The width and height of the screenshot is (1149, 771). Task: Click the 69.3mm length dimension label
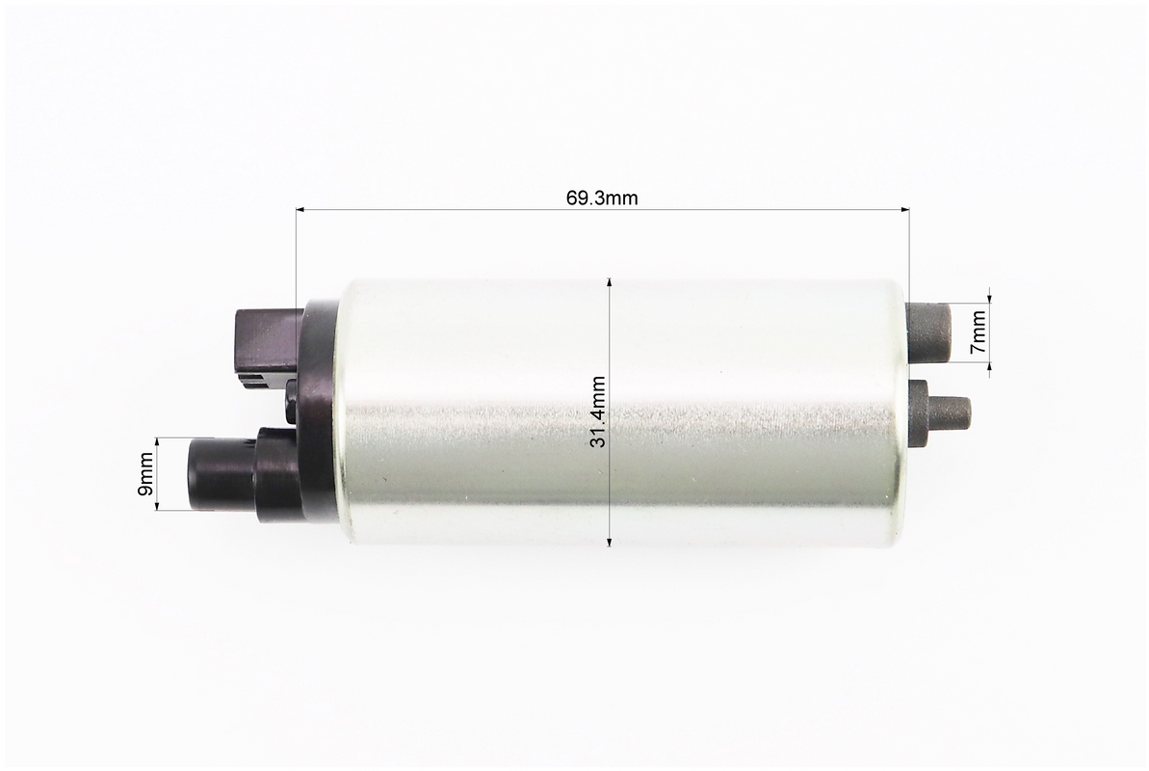point(602,199)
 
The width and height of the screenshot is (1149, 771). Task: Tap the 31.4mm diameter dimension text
point(599,412)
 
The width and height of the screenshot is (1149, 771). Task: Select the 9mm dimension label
point(145,473)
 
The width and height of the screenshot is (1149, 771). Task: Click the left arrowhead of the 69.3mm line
point(301,210)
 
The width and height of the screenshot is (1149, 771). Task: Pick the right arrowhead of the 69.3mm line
point(904,210)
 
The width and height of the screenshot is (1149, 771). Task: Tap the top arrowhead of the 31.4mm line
point(610,283)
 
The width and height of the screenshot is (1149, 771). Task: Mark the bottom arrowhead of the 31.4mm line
point(610,542)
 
